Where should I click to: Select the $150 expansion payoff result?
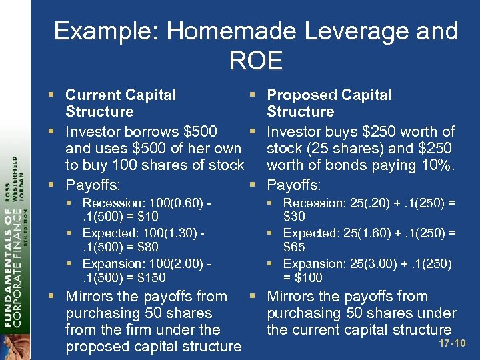(x=153, y=277)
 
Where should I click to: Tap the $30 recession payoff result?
(x=293, y=216)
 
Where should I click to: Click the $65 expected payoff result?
(x=293, y=247)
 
